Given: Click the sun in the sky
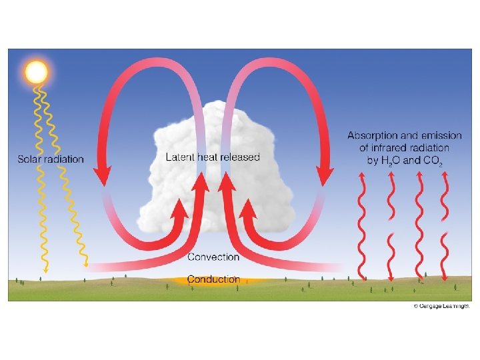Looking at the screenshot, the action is point(36,71).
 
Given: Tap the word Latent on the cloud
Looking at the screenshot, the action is point(180,157).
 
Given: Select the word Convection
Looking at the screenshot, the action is point(213,257).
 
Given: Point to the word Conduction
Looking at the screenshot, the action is point(213,279).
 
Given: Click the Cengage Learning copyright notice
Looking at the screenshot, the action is point(442,306).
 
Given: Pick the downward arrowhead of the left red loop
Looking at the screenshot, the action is point(102,177).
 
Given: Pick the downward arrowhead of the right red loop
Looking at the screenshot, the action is point(324,177).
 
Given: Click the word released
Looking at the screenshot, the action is point(237,157).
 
